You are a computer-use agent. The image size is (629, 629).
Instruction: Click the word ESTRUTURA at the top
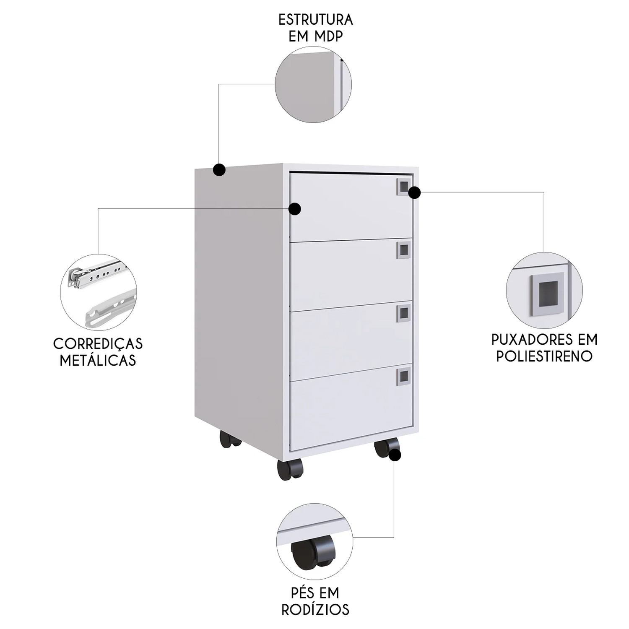tap(315, 20)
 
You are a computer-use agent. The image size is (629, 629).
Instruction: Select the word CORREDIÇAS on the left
tap(98, 344)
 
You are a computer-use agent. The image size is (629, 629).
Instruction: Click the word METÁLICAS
tap(98, 360)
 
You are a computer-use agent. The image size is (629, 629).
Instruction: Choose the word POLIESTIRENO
tap(544, 356)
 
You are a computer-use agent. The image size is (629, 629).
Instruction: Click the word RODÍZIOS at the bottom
tap(315, 610)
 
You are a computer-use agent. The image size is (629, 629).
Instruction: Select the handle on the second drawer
tap(403, 250)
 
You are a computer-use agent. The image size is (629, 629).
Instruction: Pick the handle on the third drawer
tap(403, 313)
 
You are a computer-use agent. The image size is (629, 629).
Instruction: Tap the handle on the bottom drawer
tap(403, 375)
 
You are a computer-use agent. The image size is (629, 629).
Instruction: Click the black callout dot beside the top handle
tap(414, 192)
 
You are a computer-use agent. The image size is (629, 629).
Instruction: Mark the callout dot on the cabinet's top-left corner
tap(219, 170)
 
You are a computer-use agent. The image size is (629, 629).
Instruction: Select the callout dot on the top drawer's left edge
tap(295, 209)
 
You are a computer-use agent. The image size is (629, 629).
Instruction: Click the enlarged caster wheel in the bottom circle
tap(314, 552)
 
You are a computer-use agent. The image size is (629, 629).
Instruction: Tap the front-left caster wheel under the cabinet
tap(289, 470)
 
